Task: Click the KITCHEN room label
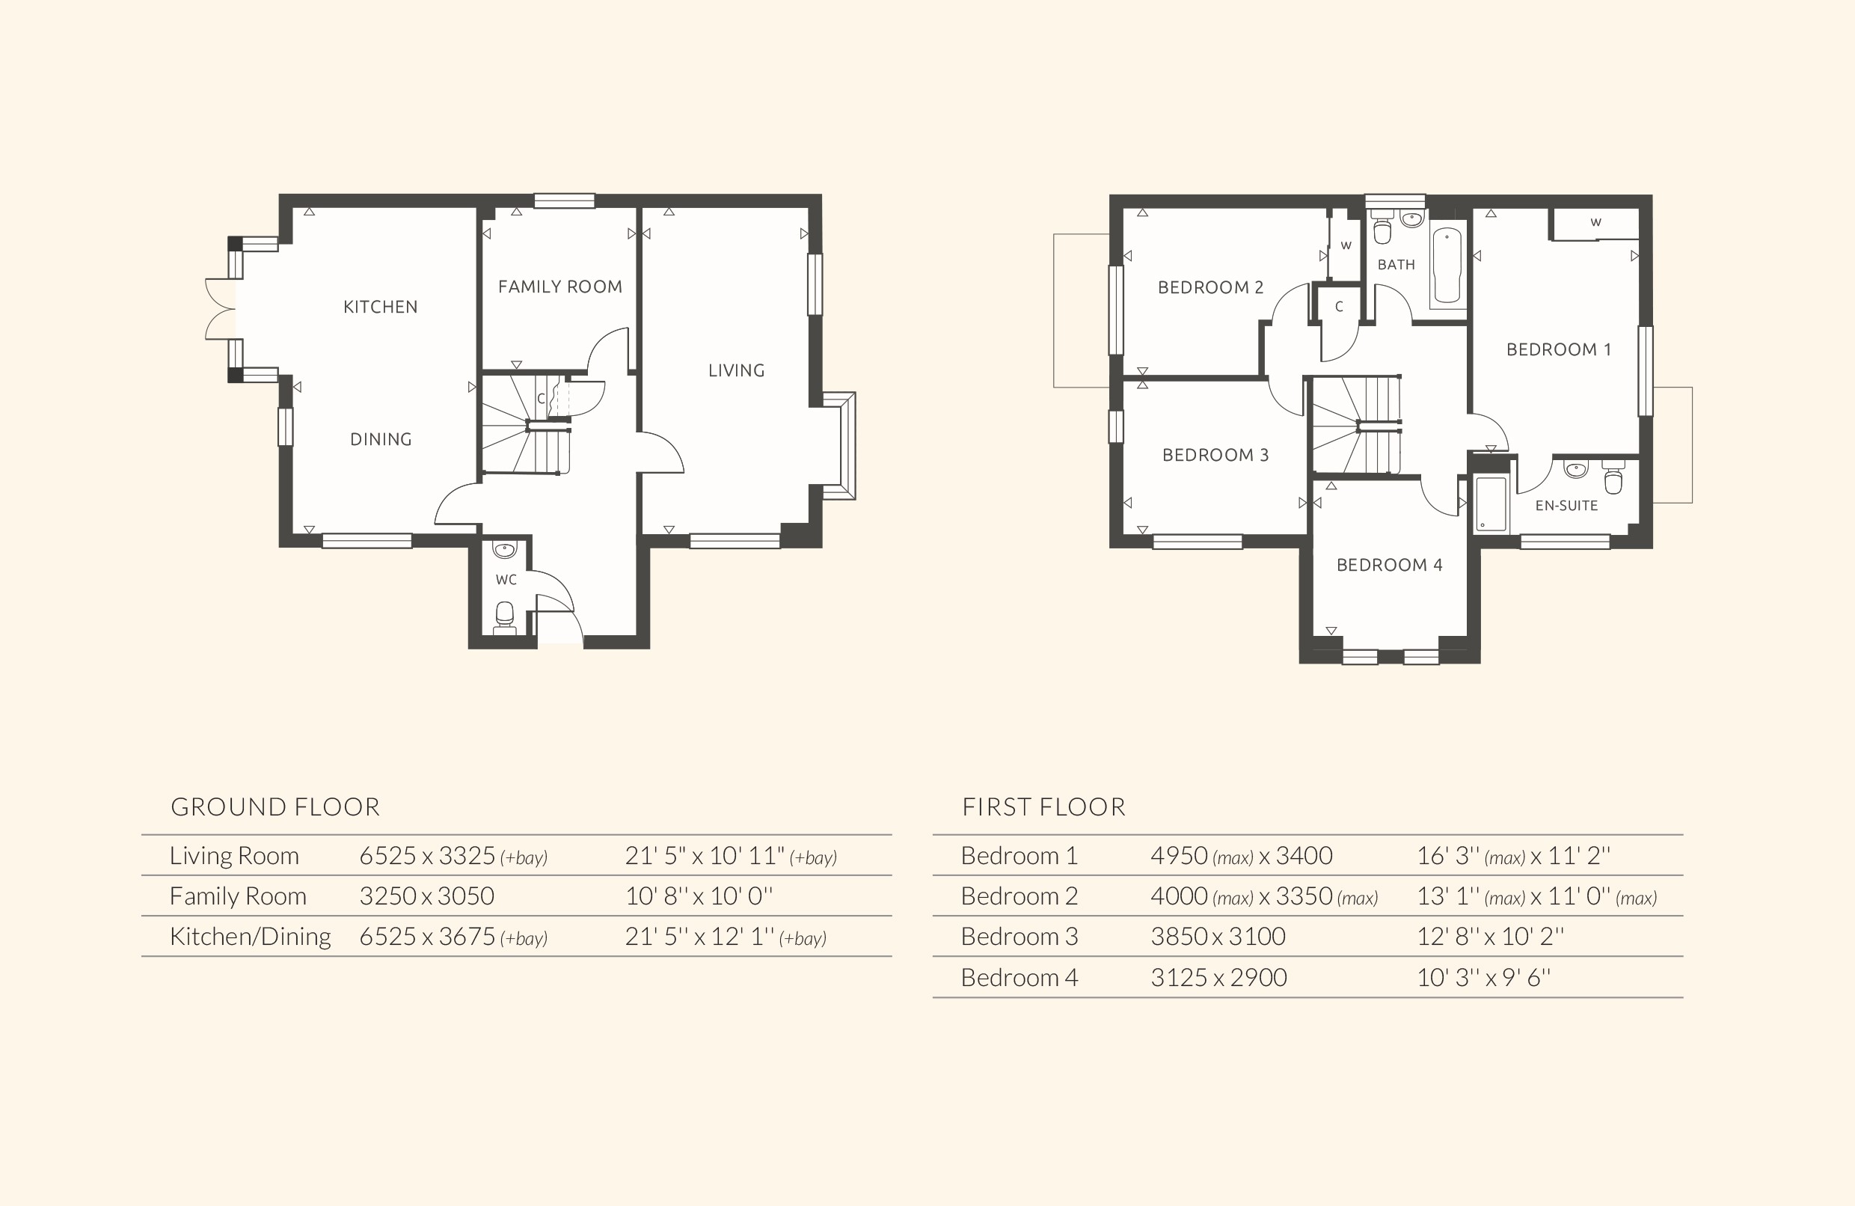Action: coord(381,307)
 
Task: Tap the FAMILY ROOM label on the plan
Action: coord(559,287)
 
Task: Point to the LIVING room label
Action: coord(736,371)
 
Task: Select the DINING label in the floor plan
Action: coord(381,440)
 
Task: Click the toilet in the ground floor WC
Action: coord(505,616)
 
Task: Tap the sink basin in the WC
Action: coord(505,551)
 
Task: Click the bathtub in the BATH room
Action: coord(1447,265)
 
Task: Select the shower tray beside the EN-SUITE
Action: coord(1490,504)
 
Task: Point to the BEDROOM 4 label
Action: coord(1389,565)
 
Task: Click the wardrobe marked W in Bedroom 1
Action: coord(1595,223)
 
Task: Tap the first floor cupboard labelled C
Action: coord(1338,307)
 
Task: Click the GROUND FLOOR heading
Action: coord(275,806)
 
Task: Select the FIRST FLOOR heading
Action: coord(1043,806)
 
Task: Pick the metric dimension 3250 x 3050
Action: coord(426,896)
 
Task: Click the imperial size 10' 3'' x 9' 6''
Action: coord(1483,978)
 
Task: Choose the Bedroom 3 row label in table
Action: coord(1019,936)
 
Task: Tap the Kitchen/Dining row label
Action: coord(250,936)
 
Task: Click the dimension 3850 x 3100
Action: coord(1218,936)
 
